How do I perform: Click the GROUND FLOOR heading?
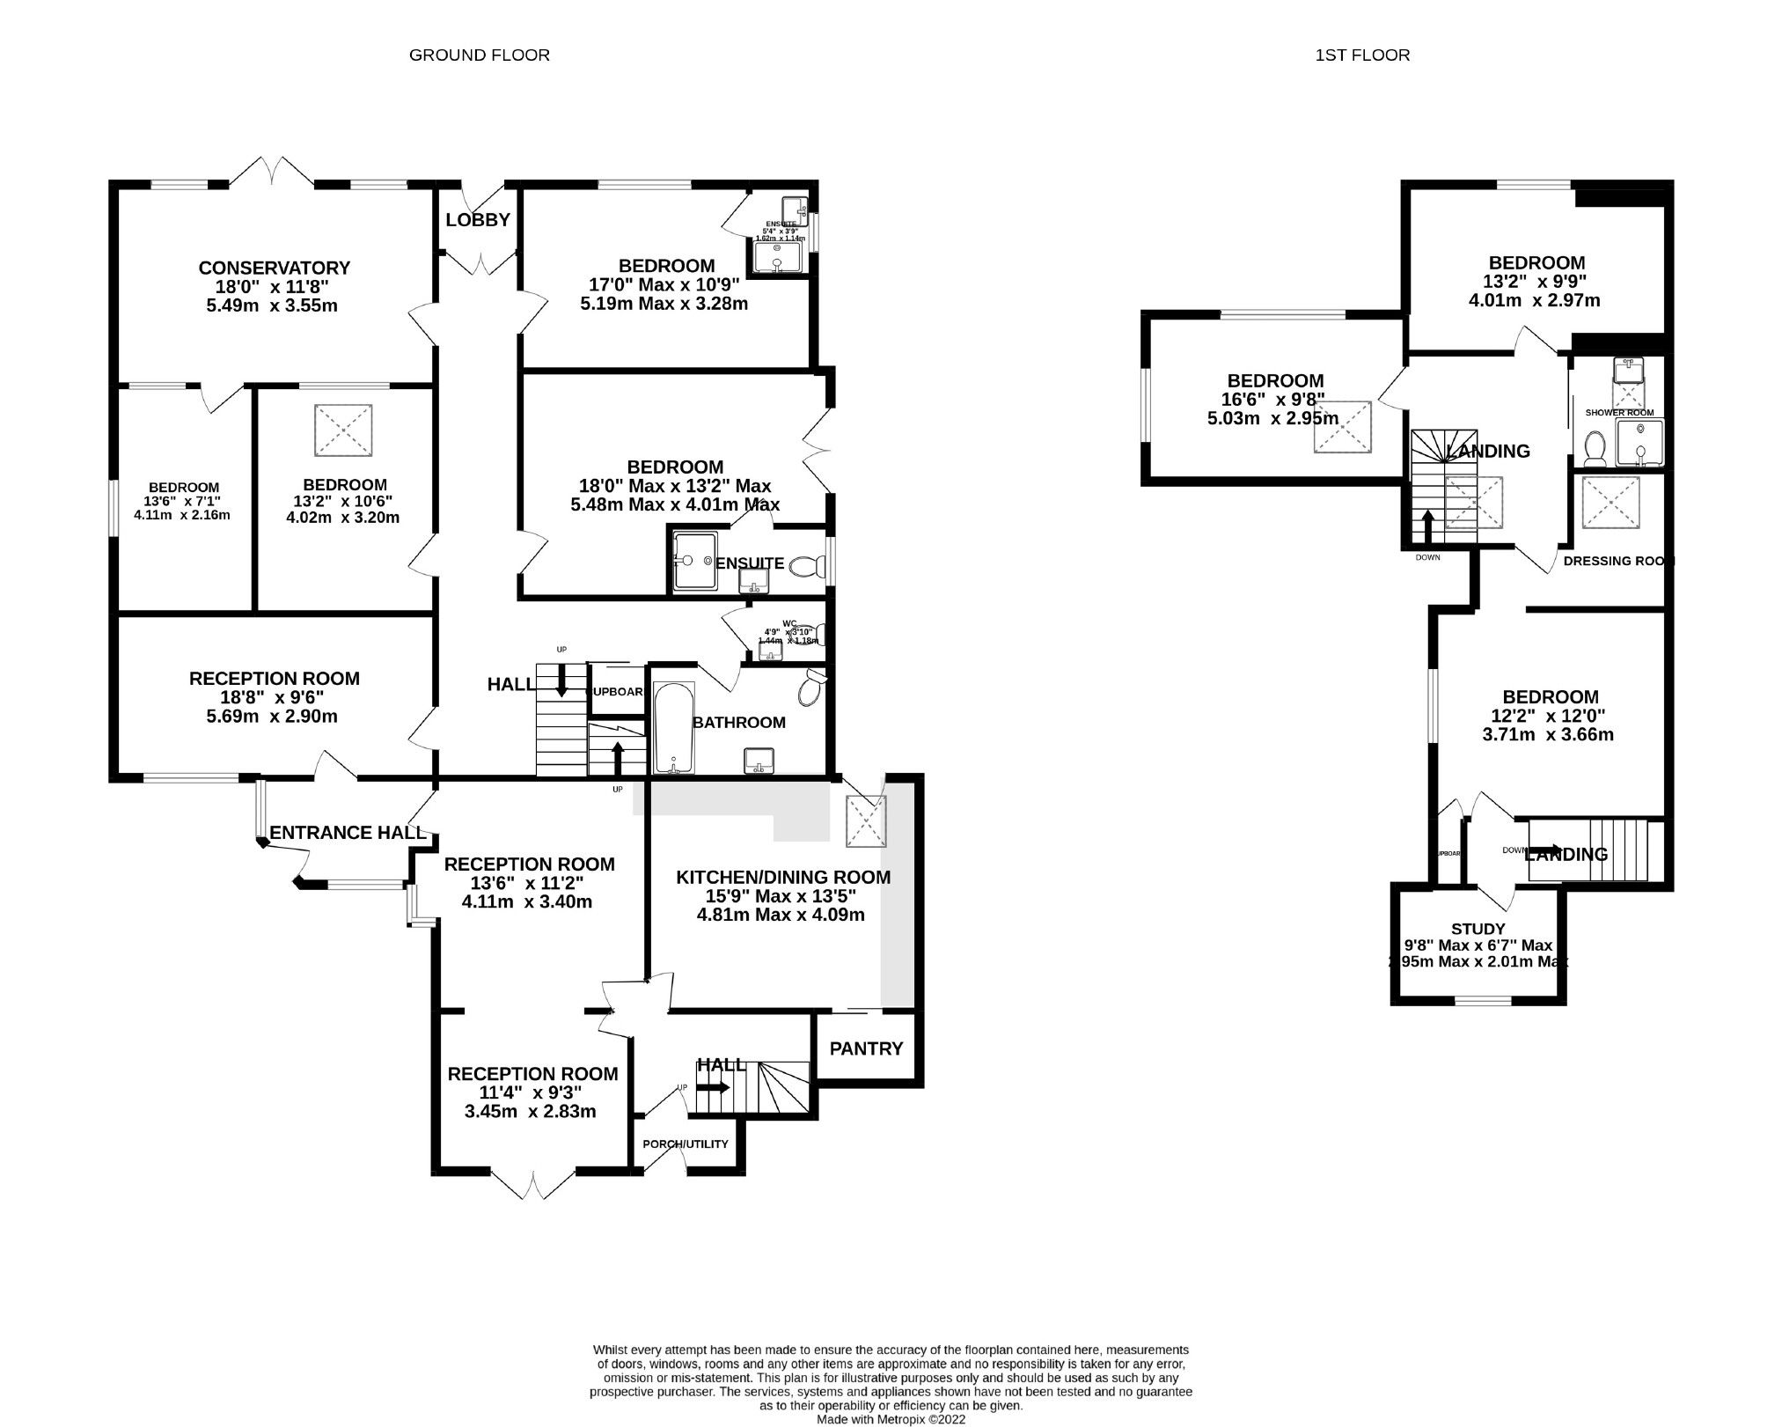[x=480, y=55]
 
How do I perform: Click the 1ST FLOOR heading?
[x=1362, y=55]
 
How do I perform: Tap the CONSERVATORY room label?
[x=274, y=268]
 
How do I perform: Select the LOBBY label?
[x=478, y=220]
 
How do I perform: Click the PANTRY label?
[x=866, y=1048]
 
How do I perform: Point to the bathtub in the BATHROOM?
[x=674, y=728]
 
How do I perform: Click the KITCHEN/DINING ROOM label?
[x=782, y=877]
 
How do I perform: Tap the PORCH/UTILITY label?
[x=686, y=1144]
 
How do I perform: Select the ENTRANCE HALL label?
[x=348, y=833]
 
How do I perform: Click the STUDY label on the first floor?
[x=1478, y=929]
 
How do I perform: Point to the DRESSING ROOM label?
[x=1617, y=561]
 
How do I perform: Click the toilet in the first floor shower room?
[x=1592, y=449]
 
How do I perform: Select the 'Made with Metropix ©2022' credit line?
[x=891, y=1420]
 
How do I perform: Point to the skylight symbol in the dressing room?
[x=1610, y=503]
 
